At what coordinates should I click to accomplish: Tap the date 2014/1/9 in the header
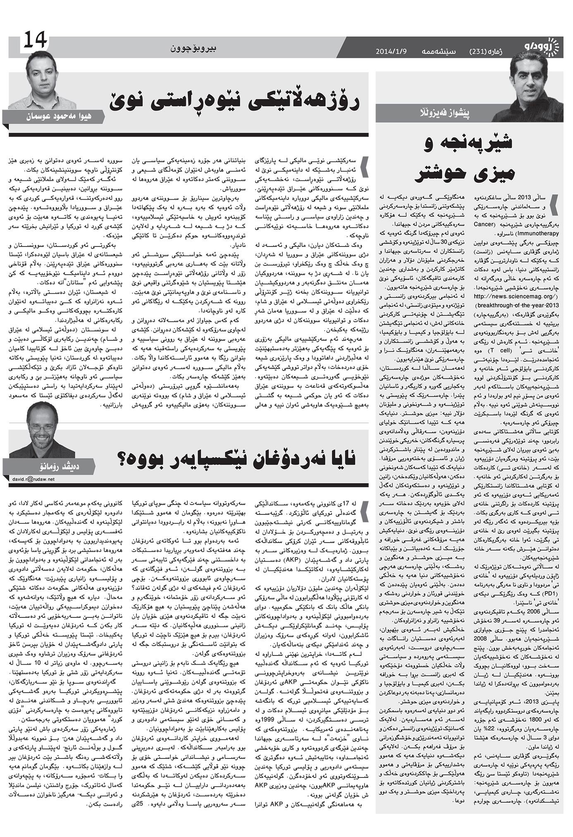point(391,52)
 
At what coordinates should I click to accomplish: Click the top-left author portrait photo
point(41,81)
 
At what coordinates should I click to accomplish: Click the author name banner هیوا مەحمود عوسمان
point(58,117)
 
